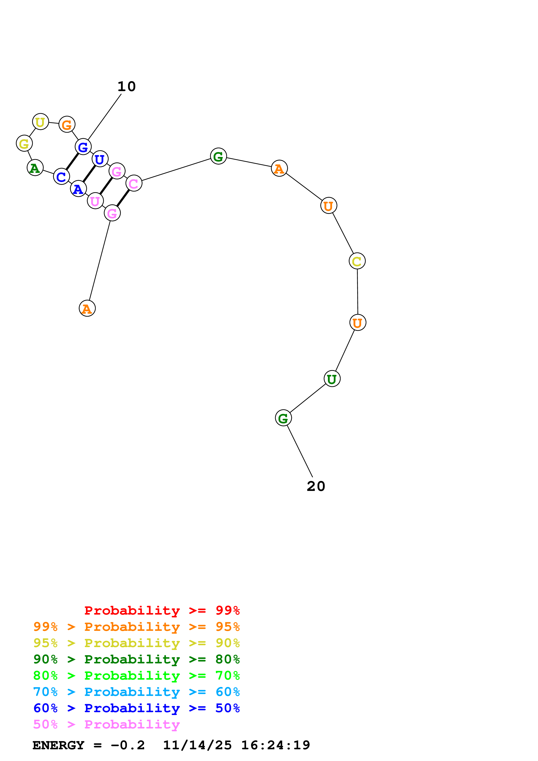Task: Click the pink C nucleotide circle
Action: coord(134,183)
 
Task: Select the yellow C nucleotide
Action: coord(357,261)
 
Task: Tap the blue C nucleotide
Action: coord(61,176)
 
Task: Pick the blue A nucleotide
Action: coord(78,189)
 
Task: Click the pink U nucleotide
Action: coord(95,201)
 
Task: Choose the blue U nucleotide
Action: coord(100,159)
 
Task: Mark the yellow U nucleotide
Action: coord(40,122)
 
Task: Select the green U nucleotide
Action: coord(332,379)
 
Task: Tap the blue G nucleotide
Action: coord(83,146)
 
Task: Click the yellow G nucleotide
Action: coord(24,143)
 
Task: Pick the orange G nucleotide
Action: coord(67,125)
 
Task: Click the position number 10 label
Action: coord(127,87)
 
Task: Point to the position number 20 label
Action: coord(316,486)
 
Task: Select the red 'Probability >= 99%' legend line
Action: coord(162,610)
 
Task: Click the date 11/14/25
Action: coord(197,745)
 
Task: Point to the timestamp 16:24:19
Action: coord(275,745)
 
